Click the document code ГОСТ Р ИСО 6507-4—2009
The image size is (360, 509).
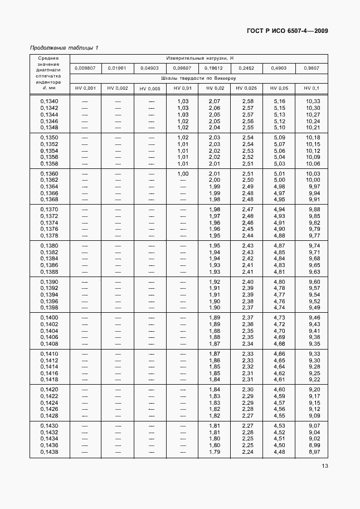[x=284, y=31]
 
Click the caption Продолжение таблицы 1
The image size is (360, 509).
[x=65, y=47]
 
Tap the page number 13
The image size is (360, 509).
[x=324, y=467]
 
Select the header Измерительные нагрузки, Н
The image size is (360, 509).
[x=199, y=58]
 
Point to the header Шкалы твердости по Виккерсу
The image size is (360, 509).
[x=199, y=78]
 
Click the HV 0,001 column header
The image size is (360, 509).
[x=85, y=88]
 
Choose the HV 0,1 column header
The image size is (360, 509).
[x=312, y=88]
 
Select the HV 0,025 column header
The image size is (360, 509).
[x=246, y=88]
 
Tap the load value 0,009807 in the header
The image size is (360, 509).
[x=85, y=68]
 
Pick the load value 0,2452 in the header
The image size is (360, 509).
[x=246, y=68]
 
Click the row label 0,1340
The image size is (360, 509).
[x=49, y=101]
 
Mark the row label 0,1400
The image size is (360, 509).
[x=49, y=318]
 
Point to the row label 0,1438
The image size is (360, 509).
[x=49, y=452]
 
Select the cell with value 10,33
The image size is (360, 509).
[x=313, y=101]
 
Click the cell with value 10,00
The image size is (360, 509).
[x=313, y=180]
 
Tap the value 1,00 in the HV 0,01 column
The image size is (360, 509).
[x=183, y=173]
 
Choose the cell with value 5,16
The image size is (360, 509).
[x=279, y=101]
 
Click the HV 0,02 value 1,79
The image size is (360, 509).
[x=215, y=452]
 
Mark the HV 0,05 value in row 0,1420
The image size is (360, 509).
[x=279, y=390]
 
